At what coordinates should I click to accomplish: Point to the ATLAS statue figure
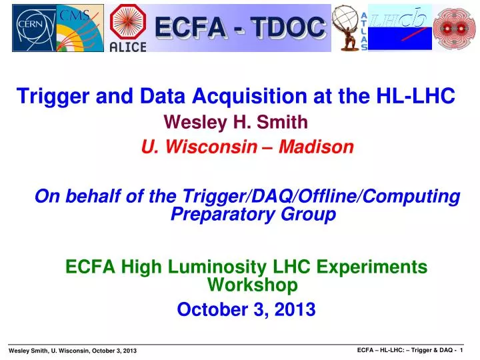(x=346, y=27)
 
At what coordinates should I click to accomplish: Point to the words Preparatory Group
(x=253, y=214)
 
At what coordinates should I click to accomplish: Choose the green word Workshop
(x=252, y=285)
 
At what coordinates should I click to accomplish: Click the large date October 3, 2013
(x=246, y=309)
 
